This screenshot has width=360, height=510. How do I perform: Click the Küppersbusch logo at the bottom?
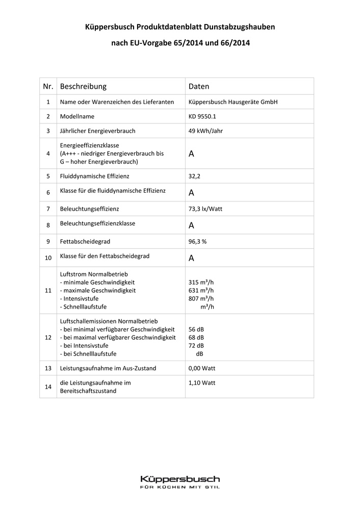[180, 479]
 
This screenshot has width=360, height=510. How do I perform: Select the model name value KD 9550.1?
[202, 116]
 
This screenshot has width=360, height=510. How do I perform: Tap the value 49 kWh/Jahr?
[205, 131]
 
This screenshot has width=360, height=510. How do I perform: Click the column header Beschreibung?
[83, 87]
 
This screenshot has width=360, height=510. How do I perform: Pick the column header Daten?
[199, 87]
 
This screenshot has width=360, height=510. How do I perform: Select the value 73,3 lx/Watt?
[205, 209]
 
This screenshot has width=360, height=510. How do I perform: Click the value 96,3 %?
[198, 241]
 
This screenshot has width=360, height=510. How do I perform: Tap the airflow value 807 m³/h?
[201, 298]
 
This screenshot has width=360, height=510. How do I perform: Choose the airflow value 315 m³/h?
[201, 282]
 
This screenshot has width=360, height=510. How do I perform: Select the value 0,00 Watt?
[202, 368]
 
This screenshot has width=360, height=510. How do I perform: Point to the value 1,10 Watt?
[202, 382]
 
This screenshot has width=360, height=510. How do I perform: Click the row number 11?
[48, 290]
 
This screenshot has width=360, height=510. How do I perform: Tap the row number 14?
[48, 387]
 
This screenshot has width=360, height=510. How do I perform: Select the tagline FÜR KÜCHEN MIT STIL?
[180, 488]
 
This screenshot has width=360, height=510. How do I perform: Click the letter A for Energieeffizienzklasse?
[192, 154]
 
